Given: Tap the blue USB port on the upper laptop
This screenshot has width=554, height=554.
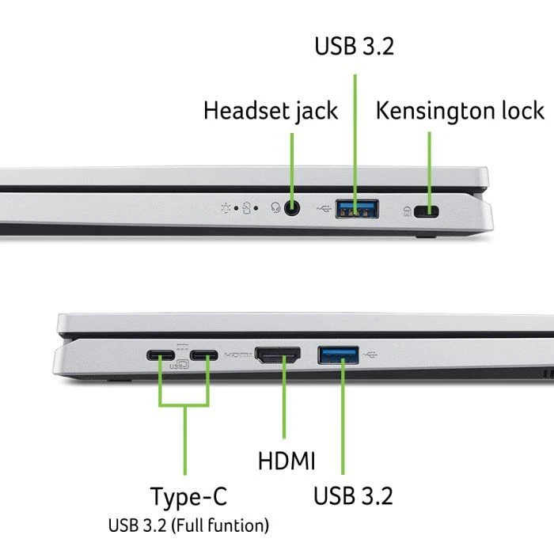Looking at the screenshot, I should point(356,210).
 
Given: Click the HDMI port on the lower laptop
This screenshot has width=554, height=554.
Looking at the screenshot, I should point(277,356).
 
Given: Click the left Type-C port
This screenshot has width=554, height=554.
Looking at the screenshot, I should point(161,356).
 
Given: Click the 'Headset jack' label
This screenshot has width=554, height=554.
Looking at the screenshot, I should point(271,111).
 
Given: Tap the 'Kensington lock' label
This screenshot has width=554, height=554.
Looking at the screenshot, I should point(461,111).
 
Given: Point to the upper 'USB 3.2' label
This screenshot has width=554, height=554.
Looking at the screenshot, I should point(354,46).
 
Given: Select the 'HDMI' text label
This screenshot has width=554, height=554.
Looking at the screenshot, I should point(286,461).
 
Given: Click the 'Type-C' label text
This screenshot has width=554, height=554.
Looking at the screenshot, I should point(188,497).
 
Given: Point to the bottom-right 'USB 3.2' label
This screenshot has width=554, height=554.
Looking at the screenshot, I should point(353,497).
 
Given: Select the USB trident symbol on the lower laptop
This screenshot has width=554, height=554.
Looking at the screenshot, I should point(373,353).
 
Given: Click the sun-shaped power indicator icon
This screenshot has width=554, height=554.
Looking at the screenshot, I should point(228,210).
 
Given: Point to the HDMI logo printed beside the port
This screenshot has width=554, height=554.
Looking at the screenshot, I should point(237,356).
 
